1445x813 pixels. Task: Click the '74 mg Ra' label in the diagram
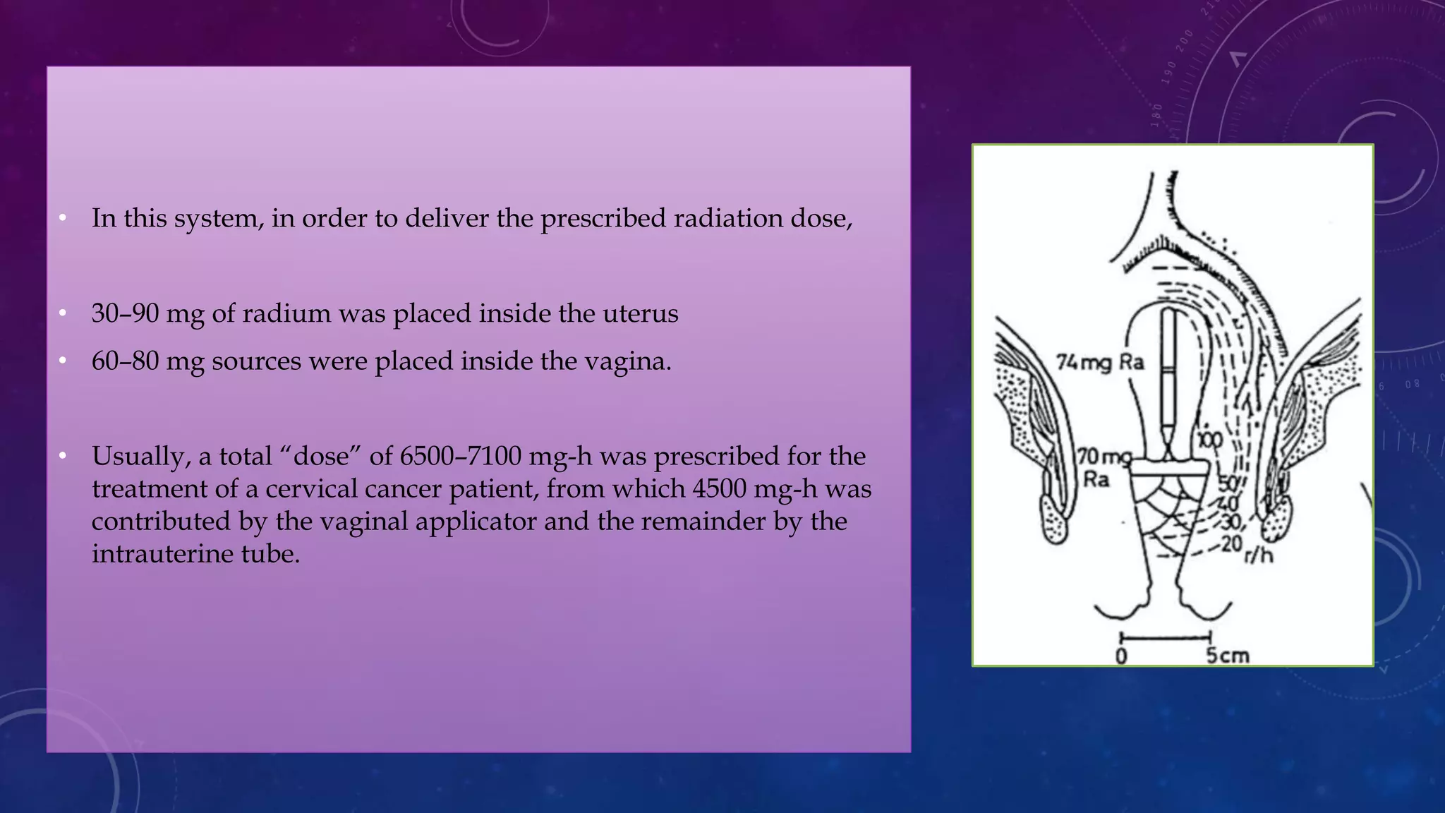click(1099, 362)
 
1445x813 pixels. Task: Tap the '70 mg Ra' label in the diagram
click(1103, 468)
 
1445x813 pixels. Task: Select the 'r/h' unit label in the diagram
click(1259, 555)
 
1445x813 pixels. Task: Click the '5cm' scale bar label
click(1227, 656)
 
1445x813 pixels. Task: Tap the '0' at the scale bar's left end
click(1121, 656)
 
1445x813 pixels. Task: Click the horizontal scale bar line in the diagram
click(1165, 637)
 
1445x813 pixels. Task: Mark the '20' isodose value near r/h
click(1231, 543)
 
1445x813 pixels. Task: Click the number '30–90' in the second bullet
click(125, 313)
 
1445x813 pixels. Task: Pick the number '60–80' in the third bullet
click(125, 361)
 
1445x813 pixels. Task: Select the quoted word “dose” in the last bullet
click(321, 457)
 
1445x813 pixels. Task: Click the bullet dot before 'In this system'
click(63, 218)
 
